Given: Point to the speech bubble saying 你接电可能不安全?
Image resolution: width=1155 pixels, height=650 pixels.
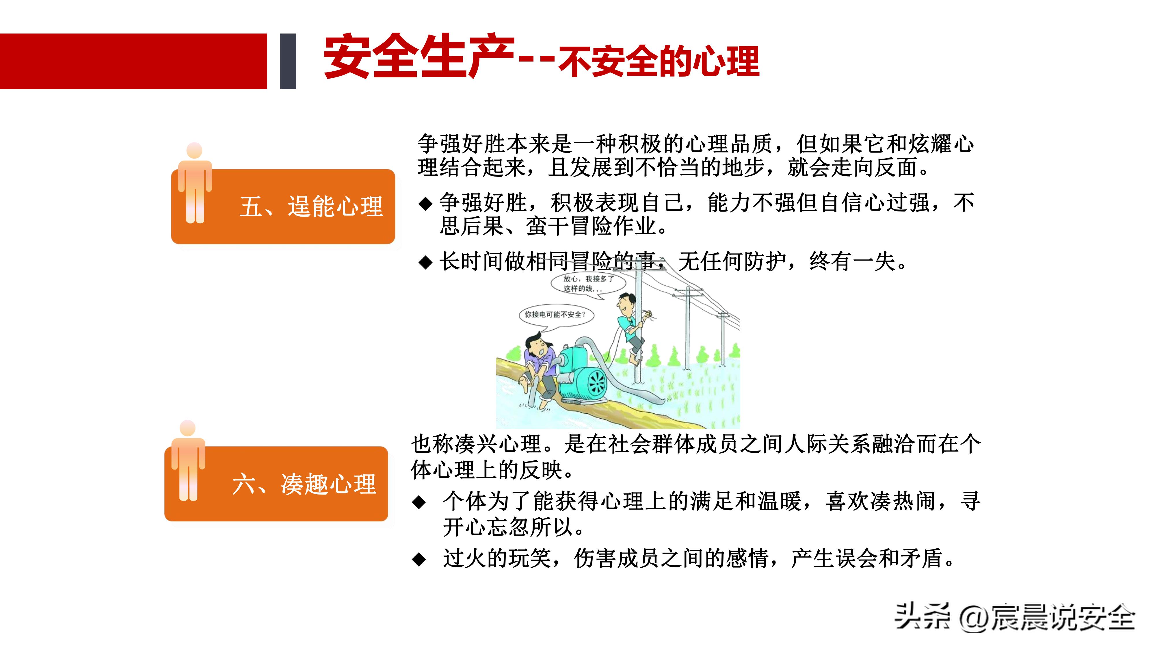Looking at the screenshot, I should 555,315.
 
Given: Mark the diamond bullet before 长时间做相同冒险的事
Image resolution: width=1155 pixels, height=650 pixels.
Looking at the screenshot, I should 425,262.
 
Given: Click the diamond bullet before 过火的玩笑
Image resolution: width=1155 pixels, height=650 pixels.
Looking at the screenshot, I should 419,559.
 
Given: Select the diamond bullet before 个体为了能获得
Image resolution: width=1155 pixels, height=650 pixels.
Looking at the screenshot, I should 419,502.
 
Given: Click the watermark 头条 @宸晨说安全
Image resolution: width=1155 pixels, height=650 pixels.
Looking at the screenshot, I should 1014,618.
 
